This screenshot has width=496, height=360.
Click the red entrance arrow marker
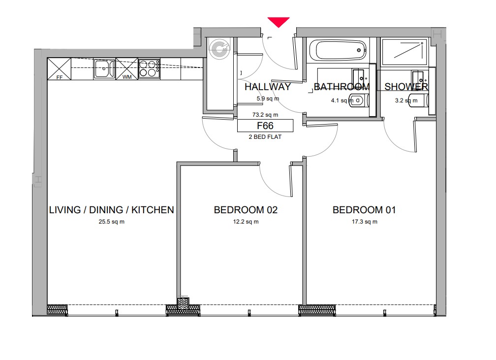[x=279, y=22]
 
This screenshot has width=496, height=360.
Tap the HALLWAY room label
[x=268, y=87]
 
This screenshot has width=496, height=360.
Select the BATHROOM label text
[x=341, y=87]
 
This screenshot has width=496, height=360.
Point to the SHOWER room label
[x=406, y=87]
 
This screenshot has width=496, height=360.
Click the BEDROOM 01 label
[x=364, y=210]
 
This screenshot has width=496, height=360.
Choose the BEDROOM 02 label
[x=246, y=210]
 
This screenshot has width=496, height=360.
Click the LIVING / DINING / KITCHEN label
[x=112, y=210]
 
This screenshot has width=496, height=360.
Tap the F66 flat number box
[x=265, y=126]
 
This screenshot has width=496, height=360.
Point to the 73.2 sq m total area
[x=265, y=115]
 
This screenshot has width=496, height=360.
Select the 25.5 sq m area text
[x=112, y=222]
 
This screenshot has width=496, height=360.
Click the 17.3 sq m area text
[x=365, y=222]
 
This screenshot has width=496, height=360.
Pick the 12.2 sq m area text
[x=246, y=222]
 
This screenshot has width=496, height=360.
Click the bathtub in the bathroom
[x=338, y=50]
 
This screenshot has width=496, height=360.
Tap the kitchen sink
[x=104, y=69]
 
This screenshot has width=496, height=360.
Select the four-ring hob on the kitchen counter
[x=149, y=69]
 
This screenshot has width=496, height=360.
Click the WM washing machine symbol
[x=127, y=69]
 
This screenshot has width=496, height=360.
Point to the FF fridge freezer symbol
[x=59, y=69]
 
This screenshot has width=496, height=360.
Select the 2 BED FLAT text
[x=265, y=137]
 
